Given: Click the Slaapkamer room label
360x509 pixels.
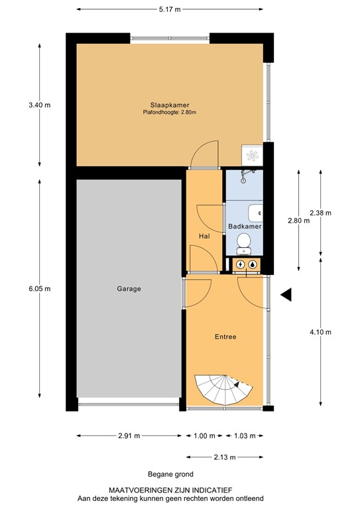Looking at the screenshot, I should (170, 104).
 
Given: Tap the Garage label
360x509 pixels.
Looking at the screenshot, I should (129, 288).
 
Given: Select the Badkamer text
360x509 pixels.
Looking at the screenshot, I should (244, 227).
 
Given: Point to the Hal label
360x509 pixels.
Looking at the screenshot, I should (204, 236).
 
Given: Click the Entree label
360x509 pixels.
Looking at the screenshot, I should (225, 337).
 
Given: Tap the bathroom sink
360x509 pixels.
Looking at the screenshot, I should (256, 213).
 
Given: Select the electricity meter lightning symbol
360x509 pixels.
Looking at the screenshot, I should (240, 264).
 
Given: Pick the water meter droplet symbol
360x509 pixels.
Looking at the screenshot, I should (253, 264).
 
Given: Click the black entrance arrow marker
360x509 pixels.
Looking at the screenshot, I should (286, 295).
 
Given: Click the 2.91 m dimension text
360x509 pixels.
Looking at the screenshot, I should (128, 435).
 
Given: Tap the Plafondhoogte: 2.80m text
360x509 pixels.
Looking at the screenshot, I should (170, 112).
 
